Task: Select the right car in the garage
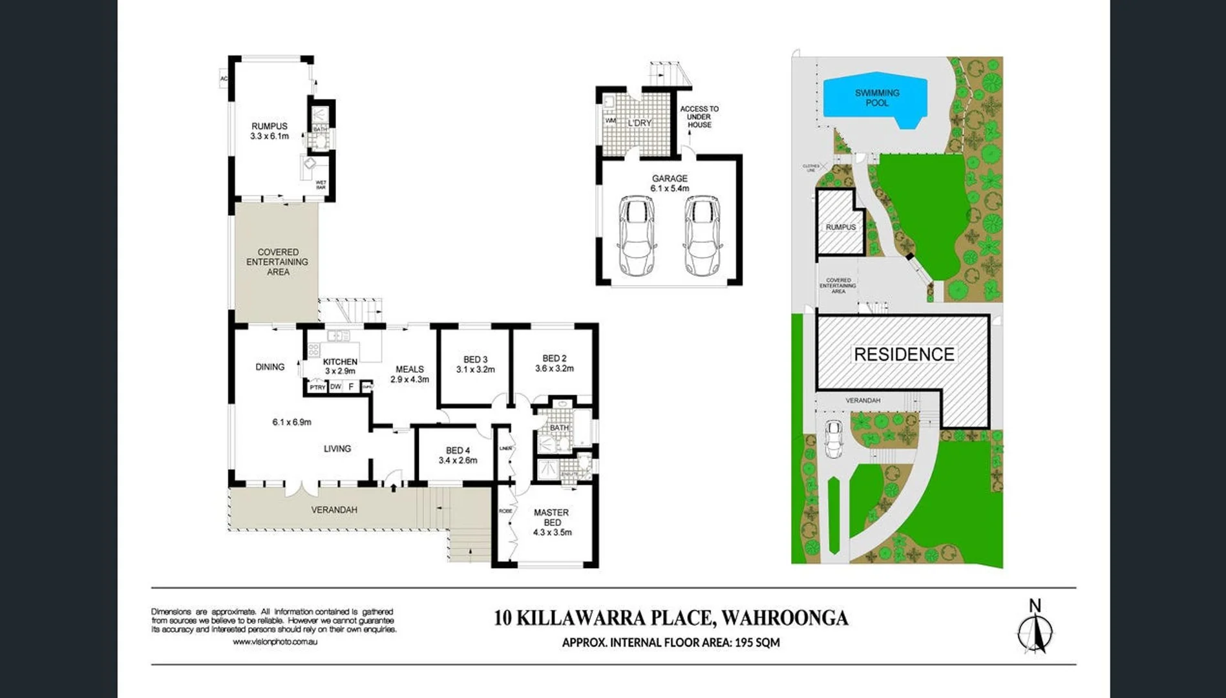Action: (x=703, y=236)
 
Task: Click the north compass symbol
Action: (x=1035, y=627)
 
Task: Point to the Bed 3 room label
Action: (x=476, y=365)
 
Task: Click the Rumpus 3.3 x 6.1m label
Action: (x=270, y=131)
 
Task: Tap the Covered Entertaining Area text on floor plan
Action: (x=277, y=262)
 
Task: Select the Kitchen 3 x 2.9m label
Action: (x=340, y=366)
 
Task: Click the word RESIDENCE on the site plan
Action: (x=904, y=354)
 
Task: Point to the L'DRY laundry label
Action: (x=639, y=123)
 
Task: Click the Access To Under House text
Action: (x=699, y=116)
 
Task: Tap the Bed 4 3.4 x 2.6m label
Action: (x=458, y=456)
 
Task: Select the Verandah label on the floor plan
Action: (x=334, y=510)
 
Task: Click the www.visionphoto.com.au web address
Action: (x=275, y=642)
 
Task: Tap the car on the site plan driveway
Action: (x=834, y=439)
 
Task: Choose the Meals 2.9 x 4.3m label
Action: (x=410, y=374)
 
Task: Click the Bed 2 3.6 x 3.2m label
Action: (x=554, y=363)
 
